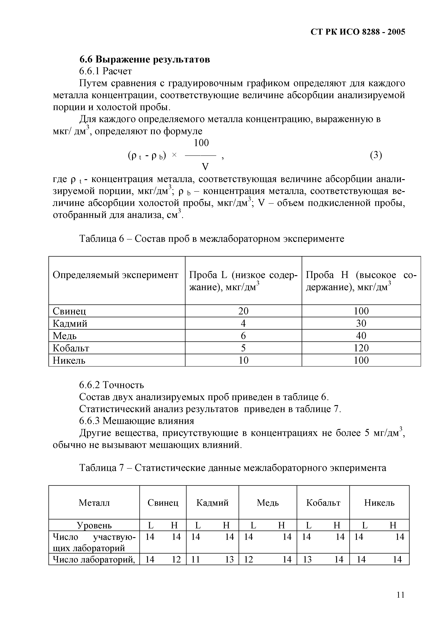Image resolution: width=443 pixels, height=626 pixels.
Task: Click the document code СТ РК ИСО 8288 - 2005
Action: coord(358,32)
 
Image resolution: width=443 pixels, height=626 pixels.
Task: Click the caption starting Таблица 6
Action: coord(212,239)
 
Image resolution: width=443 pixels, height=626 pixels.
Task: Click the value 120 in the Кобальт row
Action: coord(361,348)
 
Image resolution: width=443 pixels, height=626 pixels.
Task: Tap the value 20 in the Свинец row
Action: coord(243,311)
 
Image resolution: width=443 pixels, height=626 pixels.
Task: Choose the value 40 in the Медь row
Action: coord(361,336)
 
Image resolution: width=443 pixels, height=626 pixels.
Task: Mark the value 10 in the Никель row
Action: coord(243,360)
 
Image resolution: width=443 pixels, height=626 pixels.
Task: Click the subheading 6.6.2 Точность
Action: coord(111,385)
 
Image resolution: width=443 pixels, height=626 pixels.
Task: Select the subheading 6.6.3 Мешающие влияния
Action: coord(137,421)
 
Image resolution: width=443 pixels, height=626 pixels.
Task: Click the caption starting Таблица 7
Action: coord(232,468)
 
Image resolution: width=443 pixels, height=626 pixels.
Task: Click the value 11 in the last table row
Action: coord(195,559)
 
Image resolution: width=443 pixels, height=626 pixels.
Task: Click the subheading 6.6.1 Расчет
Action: coord(105,71)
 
